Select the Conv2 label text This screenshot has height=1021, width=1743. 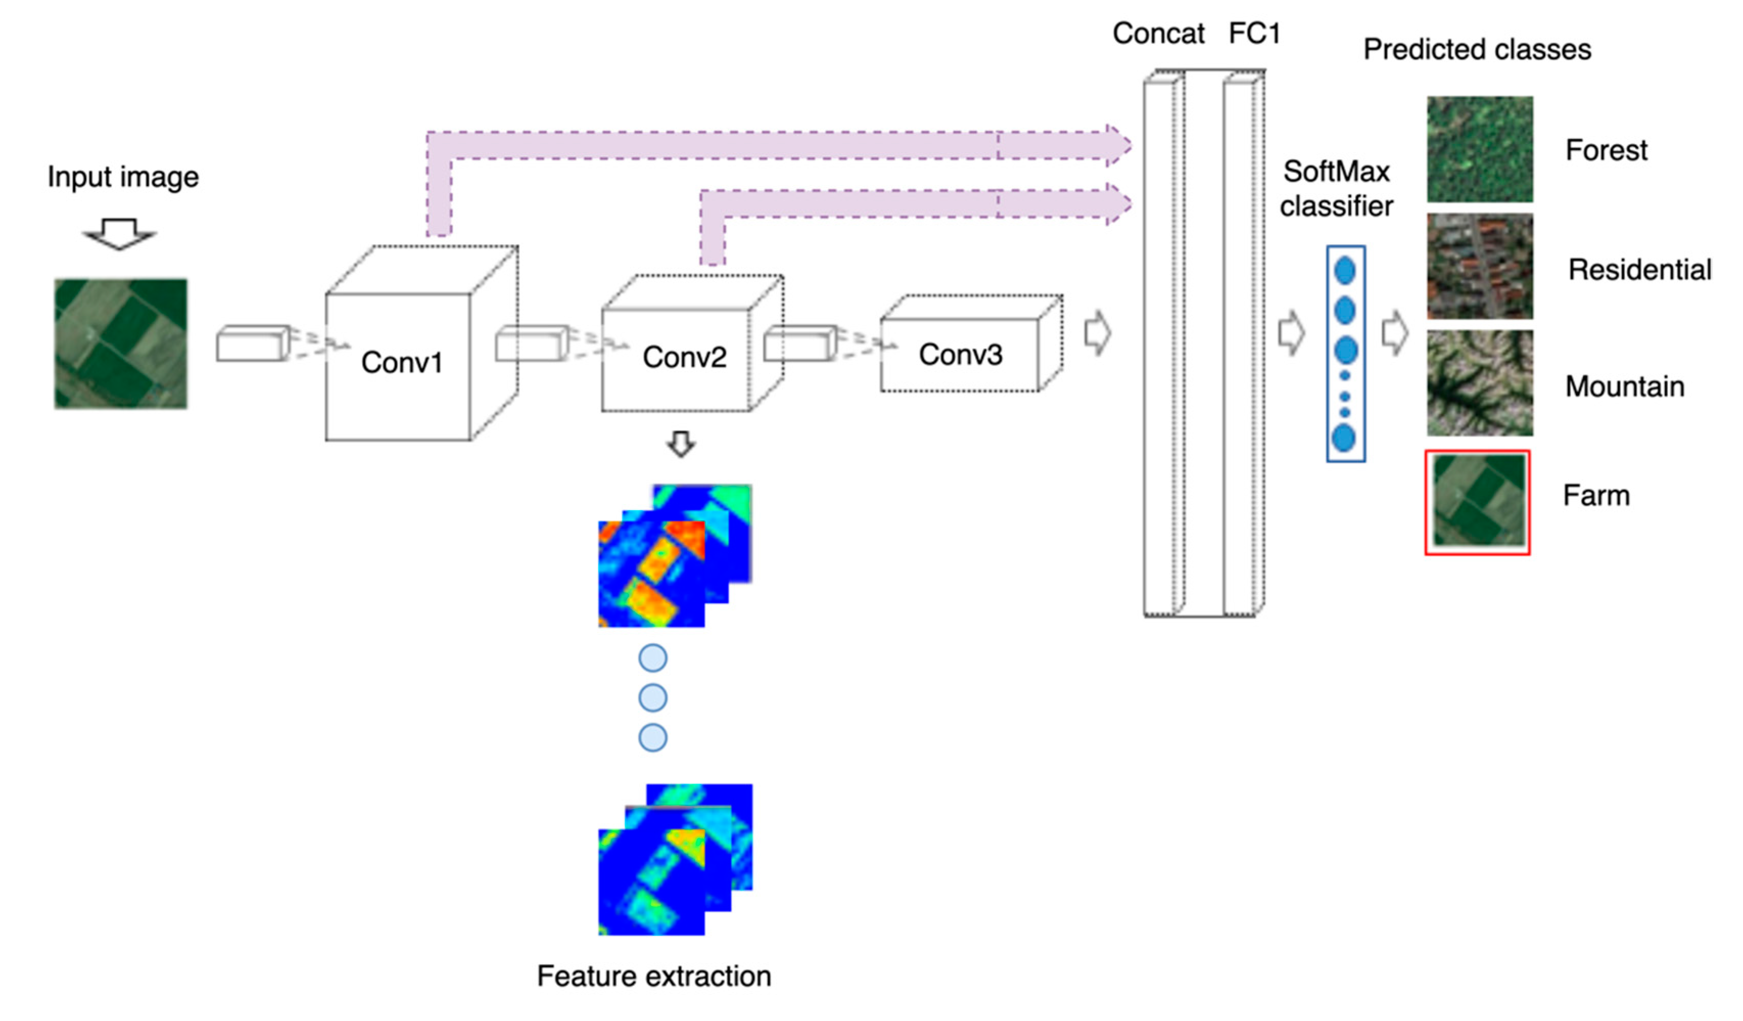[x=684, y=358]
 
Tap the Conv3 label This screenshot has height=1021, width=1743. [x=960, y=355]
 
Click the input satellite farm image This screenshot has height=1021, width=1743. [x=121, y=344]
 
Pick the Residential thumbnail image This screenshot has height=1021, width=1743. [x=1479, y=266]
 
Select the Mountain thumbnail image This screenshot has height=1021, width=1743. [x=1479, y=383]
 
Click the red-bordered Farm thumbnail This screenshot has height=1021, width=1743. [x=1477, y=502]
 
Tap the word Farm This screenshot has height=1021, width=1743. [x=1596, y=496]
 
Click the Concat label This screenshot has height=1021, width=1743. [x=1158, y=33]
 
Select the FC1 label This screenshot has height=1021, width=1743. [x=1254, y=33]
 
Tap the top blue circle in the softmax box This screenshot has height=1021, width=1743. [x=1345, y=271]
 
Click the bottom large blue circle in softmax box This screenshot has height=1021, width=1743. [x=1343, y=438]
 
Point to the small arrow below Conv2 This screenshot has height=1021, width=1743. [x=681, y=444]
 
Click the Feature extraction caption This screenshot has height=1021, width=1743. [x=654, y=976]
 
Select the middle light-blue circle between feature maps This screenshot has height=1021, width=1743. [x=652, y=698]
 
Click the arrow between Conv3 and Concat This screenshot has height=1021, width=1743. [x=1097, y=334]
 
